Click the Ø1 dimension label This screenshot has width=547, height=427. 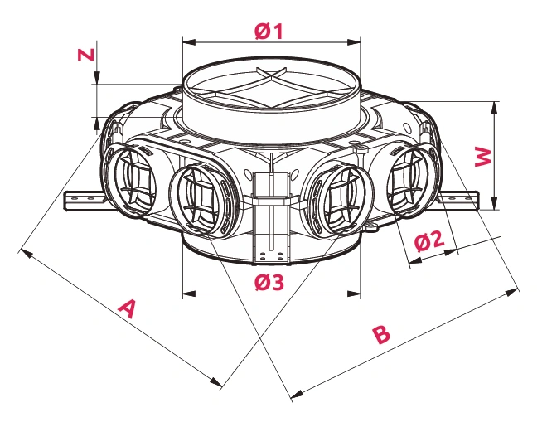(x=269, y=32)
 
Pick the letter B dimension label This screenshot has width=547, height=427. (x=380, y=335)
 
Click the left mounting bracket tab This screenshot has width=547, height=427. (x=81, y=200)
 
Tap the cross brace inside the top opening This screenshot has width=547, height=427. (x=270, y=85)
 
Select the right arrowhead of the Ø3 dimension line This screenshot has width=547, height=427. (x=357, y=292)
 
